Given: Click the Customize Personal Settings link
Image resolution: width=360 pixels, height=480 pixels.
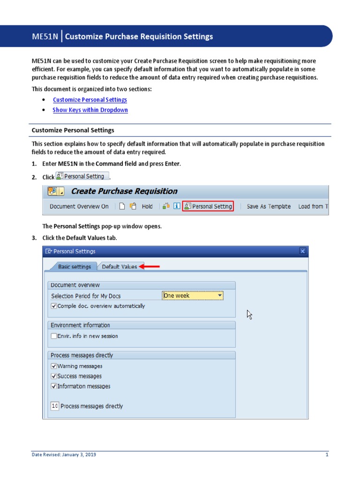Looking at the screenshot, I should point(90,100).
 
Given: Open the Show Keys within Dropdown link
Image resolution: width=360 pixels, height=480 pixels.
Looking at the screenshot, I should point(90,110).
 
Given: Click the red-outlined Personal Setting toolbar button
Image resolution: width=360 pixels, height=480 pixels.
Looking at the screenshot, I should point(208,206).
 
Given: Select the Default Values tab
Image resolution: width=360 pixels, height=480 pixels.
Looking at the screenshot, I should point(120,267).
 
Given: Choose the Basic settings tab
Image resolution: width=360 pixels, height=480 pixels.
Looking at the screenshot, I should point(74,267).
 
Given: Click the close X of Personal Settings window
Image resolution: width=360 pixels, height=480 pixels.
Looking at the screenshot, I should point(303,251).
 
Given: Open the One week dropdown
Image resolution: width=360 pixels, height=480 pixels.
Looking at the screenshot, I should point(220,296).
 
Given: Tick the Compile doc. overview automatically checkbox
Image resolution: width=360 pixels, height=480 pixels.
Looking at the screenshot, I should point(54,306).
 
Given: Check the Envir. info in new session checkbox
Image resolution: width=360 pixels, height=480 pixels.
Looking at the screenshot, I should point(54,336).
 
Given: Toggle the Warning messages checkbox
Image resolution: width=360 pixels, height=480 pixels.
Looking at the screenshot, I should point(54,366).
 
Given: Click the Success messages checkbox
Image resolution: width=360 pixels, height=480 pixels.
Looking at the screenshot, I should point(54,376).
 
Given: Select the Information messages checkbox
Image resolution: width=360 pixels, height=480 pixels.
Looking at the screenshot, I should point(54,387).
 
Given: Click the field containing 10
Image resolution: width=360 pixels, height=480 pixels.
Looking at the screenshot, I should point(54,406).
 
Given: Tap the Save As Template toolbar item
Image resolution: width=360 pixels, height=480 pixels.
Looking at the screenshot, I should point(269,206).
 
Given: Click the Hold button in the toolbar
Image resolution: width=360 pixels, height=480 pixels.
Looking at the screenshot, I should point(147,206).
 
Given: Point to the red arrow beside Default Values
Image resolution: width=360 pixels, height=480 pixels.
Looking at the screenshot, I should point(152,267).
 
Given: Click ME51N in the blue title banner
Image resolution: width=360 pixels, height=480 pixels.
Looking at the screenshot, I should point(45,37).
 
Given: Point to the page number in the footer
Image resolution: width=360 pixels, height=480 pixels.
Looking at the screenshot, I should point(327,455).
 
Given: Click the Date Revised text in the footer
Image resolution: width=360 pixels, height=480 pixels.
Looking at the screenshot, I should point(64,455).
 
